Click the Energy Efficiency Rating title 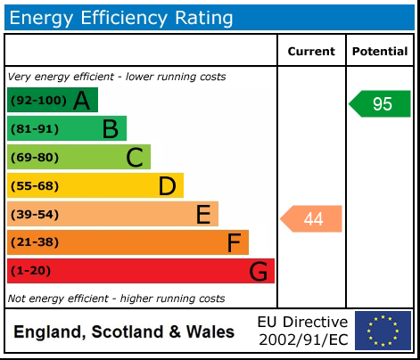(x=121, y=17)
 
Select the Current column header (x=311, y=52)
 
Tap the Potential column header (x=380, y=52)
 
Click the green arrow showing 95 (x=380, y=103)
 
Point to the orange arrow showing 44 (x=312, y=218)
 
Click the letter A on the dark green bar (x=81, y=101)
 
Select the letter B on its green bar (x=110, y=129)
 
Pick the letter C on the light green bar (x=134, y=158)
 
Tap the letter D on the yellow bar (x=167, y=185)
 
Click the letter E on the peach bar (x=203, y=214)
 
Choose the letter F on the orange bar (x=234, y=242)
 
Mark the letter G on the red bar (x=258, y=271)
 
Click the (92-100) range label (x=37, y=101)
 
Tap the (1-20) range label (x=30, y=271)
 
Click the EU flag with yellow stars (x=383, y=331)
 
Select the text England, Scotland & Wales (x=124, y=332)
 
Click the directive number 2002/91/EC (x=302, y=340)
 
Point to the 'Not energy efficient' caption (x=116, y=298)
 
